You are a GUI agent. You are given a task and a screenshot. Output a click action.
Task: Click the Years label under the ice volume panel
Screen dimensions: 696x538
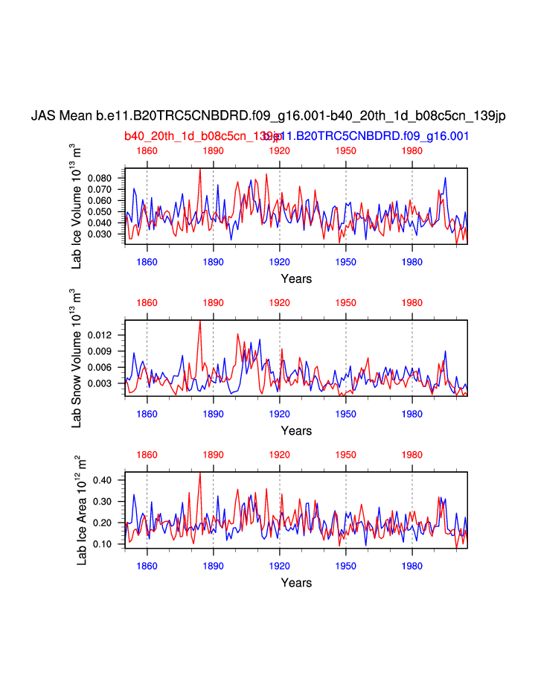296,279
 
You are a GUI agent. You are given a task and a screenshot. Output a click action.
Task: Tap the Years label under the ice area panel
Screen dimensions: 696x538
296,583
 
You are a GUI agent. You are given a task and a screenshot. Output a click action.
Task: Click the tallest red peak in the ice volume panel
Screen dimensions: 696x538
200,169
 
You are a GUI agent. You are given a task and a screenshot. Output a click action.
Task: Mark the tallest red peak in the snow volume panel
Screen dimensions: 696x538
200,322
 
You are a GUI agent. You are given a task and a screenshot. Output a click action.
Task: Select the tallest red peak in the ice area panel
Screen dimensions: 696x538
200,473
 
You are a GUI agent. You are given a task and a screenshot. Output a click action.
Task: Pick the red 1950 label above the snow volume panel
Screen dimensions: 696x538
346,303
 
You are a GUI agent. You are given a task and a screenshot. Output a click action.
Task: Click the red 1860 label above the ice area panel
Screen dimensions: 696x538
147,455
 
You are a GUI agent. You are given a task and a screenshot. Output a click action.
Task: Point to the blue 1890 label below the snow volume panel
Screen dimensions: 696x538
214,414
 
